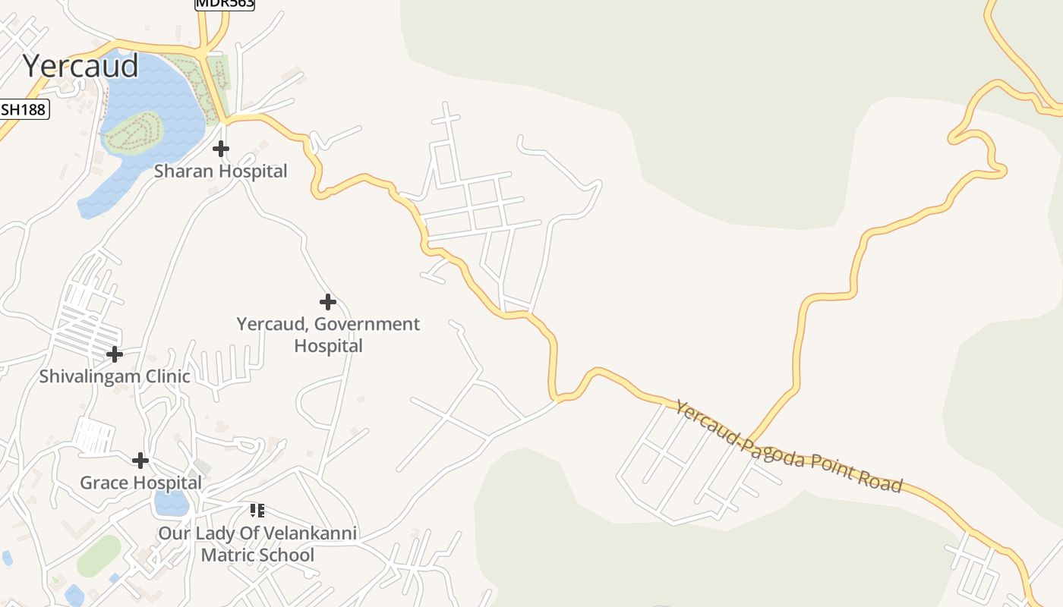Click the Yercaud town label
pyautogui.click(x=80, y=66)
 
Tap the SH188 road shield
pyautogui.click(x=24, y=109)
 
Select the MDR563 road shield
pyautogui.click(x=225, y=4)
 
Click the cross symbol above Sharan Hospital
pyautogui.click(x=221, y=149)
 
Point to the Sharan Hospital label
pyautogui.click(x=221, y=171)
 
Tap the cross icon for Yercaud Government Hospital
pyautogui.click(x=328, y=303)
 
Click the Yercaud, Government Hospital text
pyautogui.click(x=328, y=335)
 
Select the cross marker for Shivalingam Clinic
pyautogui.click(x=115, y=354)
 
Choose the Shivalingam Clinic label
pyautogui.click(x=115, y=376)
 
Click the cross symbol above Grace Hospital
pyautogui.click(x=140, y=461)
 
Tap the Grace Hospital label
pyautogui.click(x=141, y=483)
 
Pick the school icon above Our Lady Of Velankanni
pyautogui.click(x=257, y=511)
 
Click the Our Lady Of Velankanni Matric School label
pyautogui.click(x=257, y=544)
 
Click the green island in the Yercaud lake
pyautogui.click(x=134, y=132)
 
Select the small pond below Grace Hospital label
pyautogui.click(x=171, y=502)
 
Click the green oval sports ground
pyautogui.click(x=99, y=556)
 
